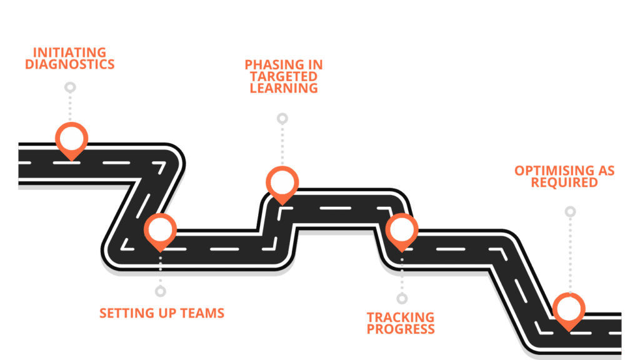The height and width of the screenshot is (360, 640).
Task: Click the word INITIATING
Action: point(69,52)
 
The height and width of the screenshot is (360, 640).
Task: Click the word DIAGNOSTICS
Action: point(69,64)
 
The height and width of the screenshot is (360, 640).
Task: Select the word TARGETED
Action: point(284,76)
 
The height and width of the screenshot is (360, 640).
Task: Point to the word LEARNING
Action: point(284,87)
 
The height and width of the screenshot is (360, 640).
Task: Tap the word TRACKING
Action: point(401,318)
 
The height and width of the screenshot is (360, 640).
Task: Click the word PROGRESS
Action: point(401,329)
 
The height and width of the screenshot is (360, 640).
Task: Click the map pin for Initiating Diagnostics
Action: point(71,139)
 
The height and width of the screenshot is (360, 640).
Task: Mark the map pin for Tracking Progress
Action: point(401,230)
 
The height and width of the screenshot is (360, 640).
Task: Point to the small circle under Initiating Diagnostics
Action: point(71,87)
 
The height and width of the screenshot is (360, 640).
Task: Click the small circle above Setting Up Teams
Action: point(161,291)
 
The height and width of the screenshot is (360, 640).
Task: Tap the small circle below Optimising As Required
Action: point(570,212)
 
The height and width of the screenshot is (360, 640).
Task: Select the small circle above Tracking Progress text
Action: point(402,299)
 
